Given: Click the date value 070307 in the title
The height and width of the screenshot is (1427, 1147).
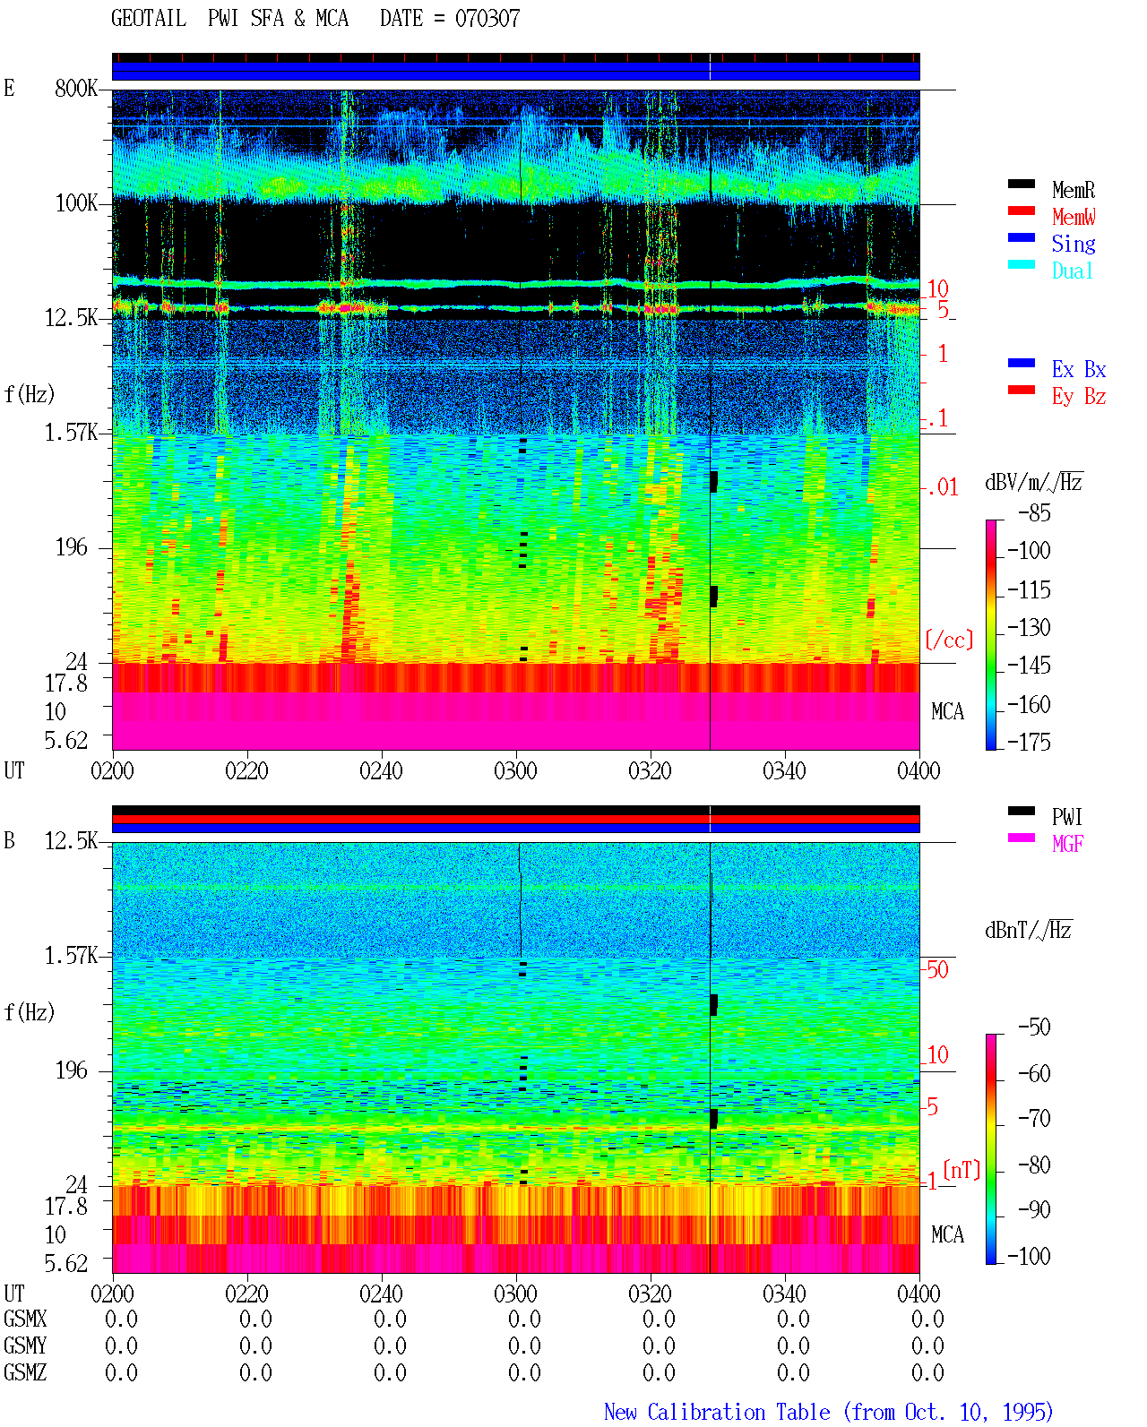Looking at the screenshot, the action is click(x=487, y=18).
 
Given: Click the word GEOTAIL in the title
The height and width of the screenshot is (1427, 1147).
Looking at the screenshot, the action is click(x=148, y=18).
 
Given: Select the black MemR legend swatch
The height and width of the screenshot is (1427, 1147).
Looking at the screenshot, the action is click(x=1021, y=184).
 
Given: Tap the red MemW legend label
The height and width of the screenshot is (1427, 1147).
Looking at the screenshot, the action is click(x=1073, y=217).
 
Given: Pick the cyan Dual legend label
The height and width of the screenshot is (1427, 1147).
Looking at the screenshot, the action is click(x=1072, y=271).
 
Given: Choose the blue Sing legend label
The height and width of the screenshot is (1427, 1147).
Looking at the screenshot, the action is click(x=1073, y=244).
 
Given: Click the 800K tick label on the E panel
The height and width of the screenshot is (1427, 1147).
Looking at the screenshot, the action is click(x=75, y=88).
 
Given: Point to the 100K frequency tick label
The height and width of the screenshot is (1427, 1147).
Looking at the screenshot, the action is click(x=76, y=203).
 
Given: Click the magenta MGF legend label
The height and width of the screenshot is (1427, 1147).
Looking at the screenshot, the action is click(x=1067, y=844).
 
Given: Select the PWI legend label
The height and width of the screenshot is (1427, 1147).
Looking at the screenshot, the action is click(x=1066, y=817).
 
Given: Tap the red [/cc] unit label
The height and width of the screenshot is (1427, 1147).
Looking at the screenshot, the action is click(x=949, y=640).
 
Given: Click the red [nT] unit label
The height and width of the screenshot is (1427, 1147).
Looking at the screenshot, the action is click(x=962, y=1169).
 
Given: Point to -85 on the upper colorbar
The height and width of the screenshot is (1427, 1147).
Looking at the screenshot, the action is click(x=1034, y=512).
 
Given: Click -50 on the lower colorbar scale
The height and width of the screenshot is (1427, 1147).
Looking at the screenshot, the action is click(x=1034, y=1027).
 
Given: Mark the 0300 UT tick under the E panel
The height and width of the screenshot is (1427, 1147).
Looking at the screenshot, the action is click(x=515, y=770).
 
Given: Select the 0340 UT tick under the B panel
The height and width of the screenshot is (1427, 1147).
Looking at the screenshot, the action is click(x=784, y=1294).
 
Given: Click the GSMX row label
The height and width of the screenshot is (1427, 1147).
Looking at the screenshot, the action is click(x=25, y=1319).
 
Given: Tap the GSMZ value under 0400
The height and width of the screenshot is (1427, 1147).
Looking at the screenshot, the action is click(x=927, y=1372).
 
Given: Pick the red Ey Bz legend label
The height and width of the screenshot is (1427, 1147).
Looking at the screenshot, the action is click(x=1079, y=396).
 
